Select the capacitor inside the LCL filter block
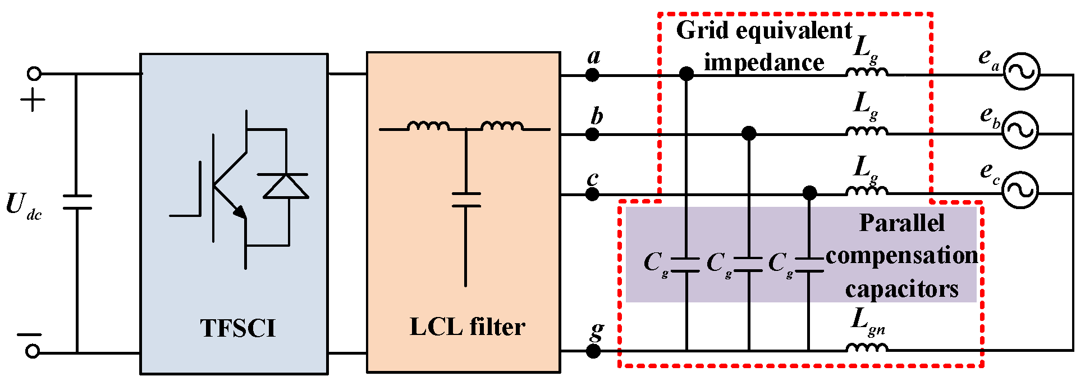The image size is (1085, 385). [466, 200]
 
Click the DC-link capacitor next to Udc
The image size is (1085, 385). [77, 202]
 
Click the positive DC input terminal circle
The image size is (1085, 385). [34, 74]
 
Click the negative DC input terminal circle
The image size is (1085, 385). [33, 351]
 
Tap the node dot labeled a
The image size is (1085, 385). [592, 75]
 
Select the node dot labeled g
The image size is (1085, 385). [593, 351]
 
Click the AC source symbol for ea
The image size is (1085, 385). [1020, 71]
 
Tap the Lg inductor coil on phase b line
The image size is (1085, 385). [867, 131]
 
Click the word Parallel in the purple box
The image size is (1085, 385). [901, 224]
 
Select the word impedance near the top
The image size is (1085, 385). [764, 62]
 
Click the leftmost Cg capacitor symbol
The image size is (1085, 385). [685, 265]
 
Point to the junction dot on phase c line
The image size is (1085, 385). [809, 193]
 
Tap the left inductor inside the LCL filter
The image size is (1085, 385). [428, 126]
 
